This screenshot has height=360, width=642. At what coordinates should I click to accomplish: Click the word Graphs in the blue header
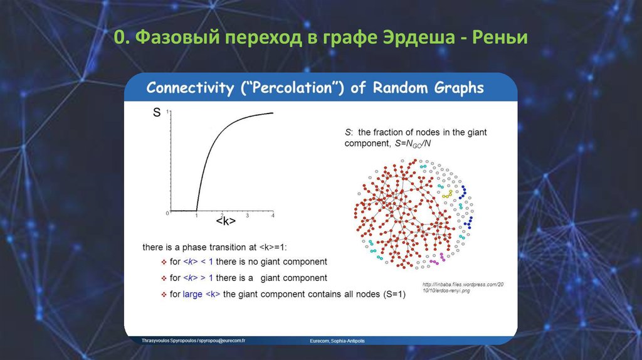460,88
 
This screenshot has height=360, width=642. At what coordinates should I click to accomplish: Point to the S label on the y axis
157,114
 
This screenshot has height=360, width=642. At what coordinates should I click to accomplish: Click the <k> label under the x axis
225,222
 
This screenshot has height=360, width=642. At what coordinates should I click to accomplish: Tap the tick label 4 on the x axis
273,216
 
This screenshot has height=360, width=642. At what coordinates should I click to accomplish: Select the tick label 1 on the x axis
196,216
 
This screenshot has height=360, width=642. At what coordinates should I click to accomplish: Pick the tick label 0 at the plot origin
167,213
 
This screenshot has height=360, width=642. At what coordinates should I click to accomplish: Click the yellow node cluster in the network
447,195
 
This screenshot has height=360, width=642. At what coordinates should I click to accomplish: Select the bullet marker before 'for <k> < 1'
163,262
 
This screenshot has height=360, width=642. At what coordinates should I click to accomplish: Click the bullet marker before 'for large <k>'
163,294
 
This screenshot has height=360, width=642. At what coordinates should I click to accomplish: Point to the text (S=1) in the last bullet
394,294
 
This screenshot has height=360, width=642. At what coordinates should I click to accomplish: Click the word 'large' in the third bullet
192,294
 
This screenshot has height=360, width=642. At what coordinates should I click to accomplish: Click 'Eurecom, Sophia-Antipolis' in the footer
337,341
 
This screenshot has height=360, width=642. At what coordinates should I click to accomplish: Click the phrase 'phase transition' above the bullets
211,248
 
